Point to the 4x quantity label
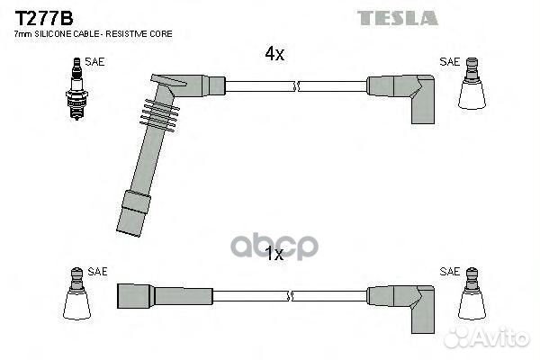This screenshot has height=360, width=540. pos(274,55)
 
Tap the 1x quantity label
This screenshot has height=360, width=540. pos(274,255)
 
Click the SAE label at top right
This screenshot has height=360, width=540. pos(449,62)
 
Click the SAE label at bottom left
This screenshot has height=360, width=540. pos(96,271)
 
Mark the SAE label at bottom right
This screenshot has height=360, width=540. pos(449,271)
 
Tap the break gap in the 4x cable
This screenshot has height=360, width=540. pos(296,86)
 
